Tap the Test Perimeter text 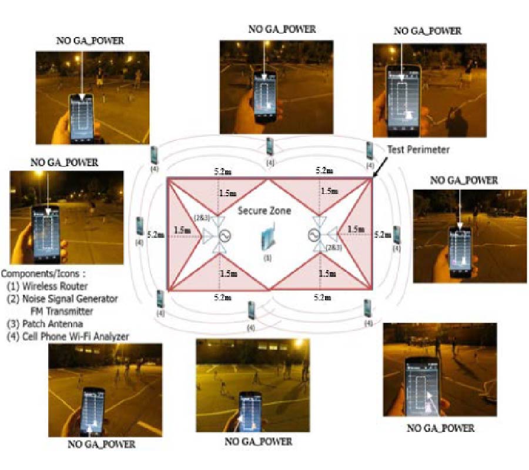[x=418, y=150]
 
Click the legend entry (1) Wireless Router [x=47, y=286]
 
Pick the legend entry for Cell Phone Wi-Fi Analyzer [x=68, y=335]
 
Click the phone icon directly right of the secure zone [x=397, y=235]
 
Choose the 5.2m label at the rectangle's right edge [x=381, y=234]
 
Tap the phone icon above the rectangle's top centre [x=270, y=146]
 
